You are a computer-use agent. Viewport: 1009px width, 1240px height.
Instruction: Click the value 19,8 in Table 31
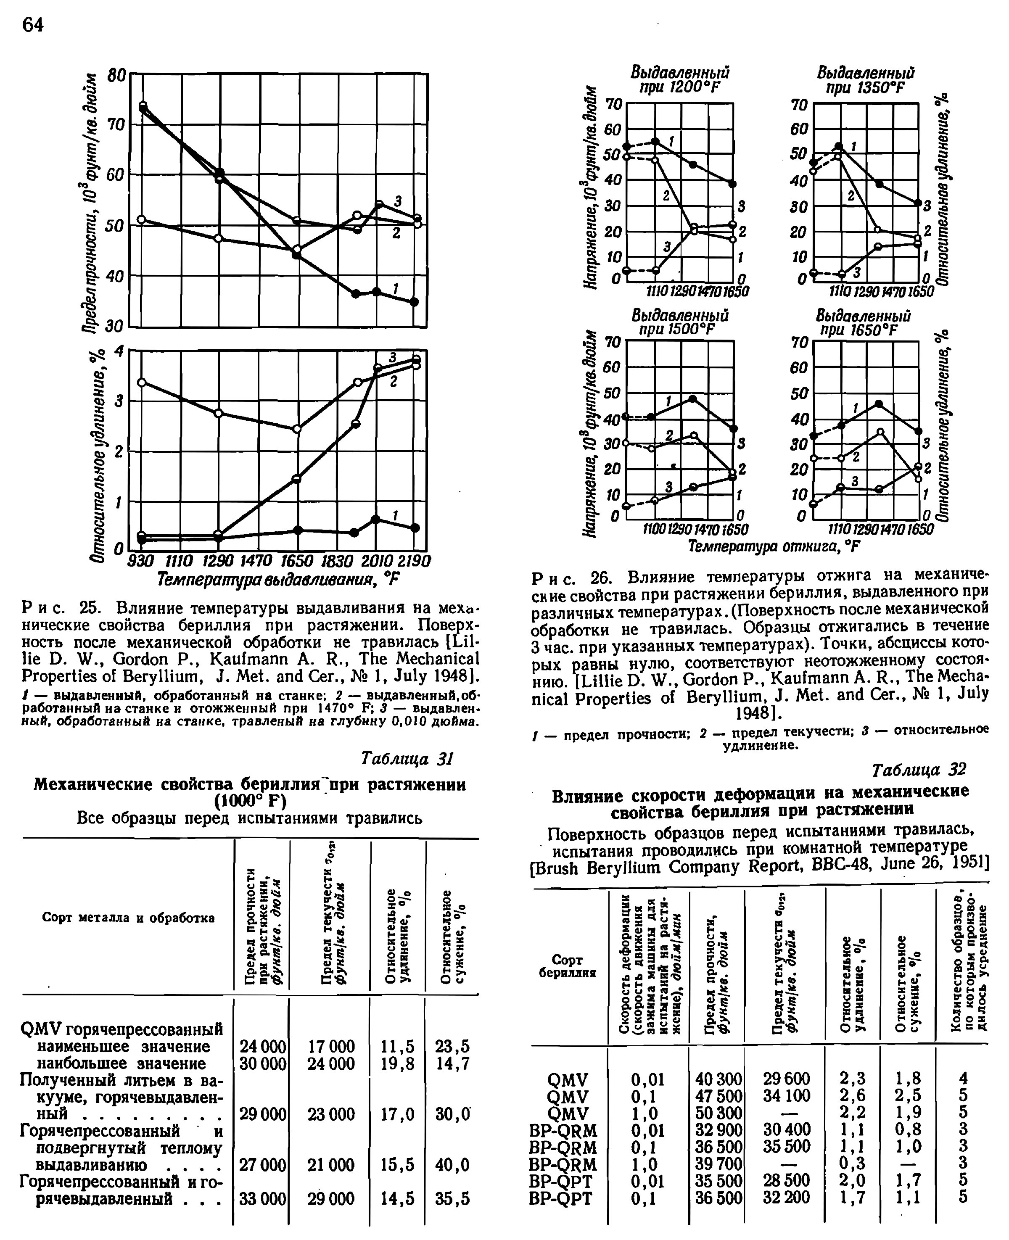click(398, 1063)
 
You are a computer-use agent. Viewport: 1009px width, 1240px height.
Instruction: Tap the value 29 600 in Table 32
click(787, 1079)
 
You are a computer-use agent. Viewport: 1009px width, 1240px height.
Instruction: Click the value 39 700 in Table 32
click(718, 1164)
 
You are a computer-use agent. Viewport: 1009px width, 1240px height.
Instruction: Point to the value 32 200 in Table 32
click(787, 1198)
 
